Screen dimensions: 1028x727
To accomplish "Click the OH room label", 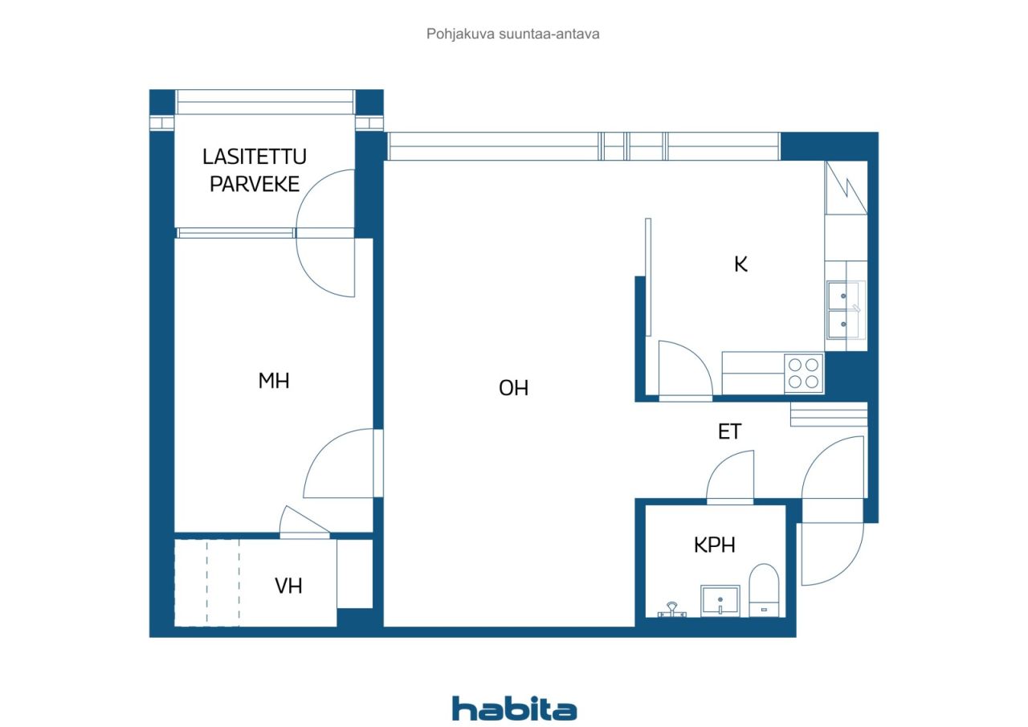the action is (513, 388).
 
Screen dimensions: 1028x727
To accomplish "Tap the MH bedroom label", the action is (274, 381).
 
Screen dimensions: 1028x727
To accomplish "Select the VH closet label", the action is (288, 586).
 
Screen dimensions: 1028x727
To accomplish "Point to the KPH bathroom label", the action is (714, 545).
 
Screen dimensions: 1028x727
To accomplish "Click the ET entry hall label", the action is (729, 431).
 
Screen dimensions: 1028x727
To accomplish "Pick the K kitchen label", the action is (740, 264).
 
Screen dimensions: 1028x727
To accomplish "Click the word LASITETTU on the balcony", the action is (255, 157).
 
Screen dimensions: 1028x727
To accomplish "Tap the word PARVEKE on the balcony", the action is (255, 184).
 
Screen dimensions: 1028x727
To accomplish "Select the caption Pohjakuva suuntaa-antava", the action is (512, 34).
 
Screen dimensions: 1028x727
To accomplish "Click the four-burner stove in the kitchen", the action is (803, 373).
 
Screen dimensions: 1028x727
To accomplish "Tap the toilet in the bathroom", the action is (764, 590).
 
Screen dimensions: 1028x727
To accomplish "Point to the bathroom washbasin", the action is (720, 600).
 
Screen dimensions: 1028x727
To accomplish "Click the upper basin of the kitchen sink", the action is (843, 296).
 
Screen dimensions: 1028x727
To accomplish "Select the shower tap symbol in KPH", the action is (672, 611).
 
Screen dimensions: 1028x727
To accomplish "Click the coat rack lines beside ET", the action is (829, 415).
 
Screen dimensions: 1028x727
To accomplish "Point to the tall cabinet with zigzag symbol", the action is (846, 188).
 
